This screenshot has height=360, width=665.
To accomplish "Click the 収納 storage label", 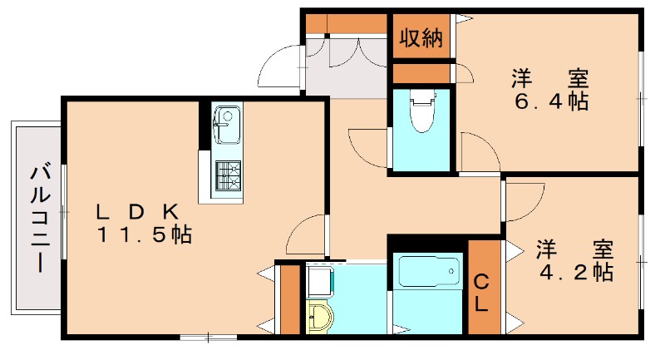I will (x=421, y=38).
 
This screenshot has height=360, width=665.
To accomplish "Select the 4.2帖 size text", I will (x=574, y=272).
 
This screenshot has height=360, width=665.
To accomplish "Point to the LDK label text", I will (x=137, y=211).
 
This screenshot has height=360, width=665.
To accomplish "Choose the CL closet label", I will (x=481, y=293).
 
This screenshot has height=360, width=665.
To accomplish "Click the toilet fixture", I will (x=423, y=111).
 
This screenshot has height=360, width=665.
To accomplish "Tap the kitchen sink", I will (x=226, y=126).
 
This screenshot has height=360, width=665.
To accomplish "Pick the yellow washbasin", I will (x=318, y=317).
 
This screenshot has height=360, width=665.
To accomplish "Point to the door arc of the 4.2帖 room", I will (x=522, y=200).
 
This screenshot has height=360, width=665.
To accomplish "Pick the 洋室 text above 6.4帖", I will (x=549, y=80).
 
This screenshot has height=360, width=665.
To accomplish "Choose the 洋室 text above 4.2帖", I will (x=574, y=249).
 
